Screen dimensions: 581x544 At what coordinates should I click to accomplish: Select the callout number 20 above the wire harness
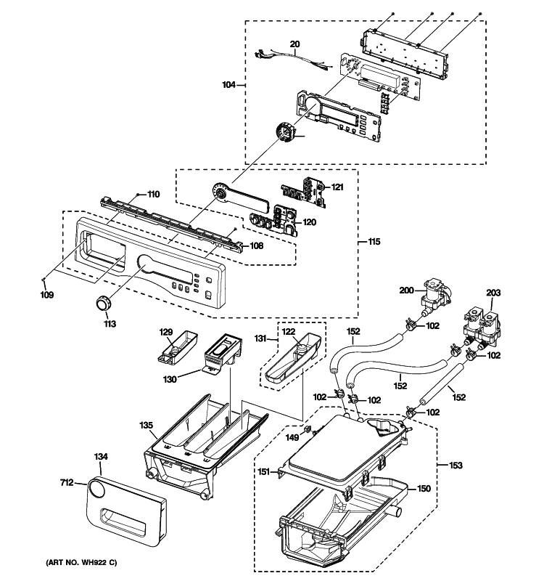(x=294, y=44)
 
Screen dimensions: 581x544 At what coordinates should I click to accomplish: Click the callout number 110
(x=152, y=194)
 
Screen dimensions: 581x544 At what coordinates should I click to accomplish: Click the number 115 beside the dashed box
(x=374, y=241)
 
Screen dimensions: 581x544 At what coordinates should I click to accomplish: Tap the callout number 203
(x=493, y=293)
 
